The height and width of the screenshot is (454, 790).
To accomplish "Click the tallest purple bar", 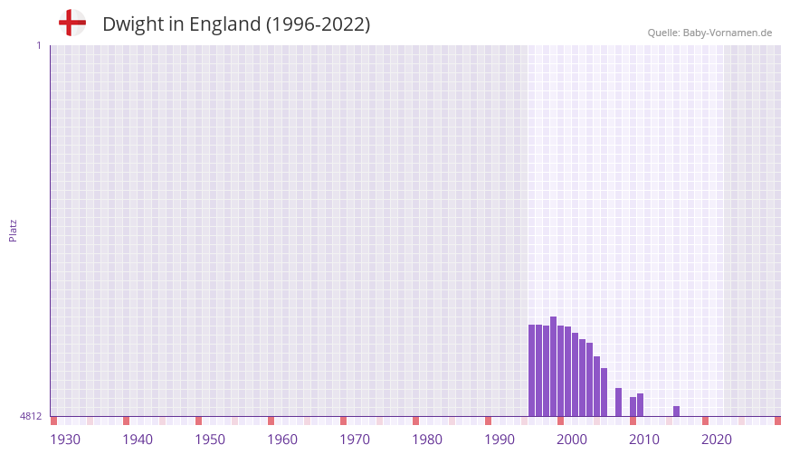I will click(x=553, y=366).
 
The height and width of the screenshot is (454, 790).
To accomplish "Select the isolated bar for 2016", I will click(x=676, y=411).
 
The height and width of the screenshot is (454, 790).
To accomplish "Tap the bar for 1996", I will click(x=531, y=371).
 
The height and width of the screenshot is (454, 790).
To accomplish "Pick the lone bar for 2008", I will click(x=618, y=402).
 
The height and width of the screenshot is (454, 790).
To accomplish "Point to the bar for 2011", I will click(x=640, y=405).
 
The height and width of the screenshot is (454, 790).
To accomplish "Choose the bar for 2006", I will click(x=604, y=393).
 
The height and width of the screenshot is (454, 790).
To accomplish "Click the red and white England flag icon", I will click(x=72, y=24).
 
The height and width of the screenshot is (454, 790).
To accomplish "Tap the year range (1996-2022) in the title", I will click(x=318, y=24).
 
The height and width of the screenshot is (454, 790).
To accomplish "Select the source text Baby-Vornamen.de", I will click(x=728, y=33).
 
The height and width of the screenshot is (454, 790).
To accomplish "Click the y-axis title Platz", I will click(x=13, y=230).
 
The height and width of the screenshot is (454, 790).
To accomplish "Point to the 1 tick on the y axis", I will click(x=38, y=45).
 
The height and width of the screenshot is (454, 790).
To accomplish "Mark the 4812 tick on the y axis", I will click(x=31, y=417).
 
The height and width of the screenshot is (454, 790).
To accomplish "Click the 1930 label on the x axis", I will click(x=65, y=440).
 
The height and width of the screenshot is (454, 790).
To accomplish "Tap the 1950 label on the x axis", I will click(x=210, y=440).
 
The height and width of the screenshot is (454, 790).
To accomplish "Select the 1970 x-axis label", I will click(x=355, y=440).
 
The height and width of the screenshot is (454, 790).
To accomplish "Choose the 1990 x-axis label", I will click(x=500, y=440).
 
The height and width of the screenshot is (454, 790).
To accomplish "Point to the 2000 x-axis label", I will click(x=572, y=440).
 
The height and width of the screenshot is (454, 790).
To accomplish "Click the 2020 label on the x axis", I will click(x=717, y=440).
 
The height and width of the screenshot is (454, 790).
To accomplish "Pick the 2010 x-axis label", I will click(x=644, y=440).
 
